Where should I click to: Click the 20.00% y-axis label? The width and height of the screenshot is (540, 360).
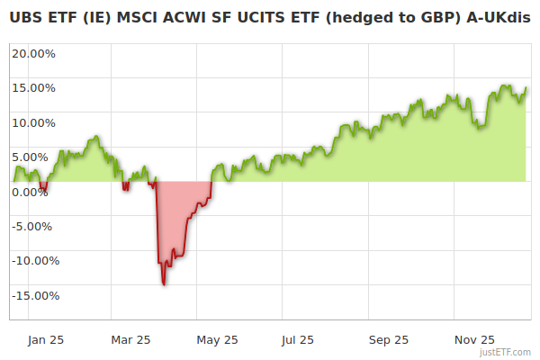[33, 53]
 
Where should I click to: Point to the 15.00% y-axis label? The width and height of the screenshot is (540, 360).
[33, 88]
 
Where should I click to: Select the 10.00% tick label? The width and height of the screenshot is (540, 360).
[33, 122]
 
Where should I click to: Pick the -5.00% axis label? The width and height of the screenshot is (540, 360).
[34, 226]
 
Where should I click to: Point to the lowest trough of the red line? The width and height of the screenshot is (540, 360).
[164, 284]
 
